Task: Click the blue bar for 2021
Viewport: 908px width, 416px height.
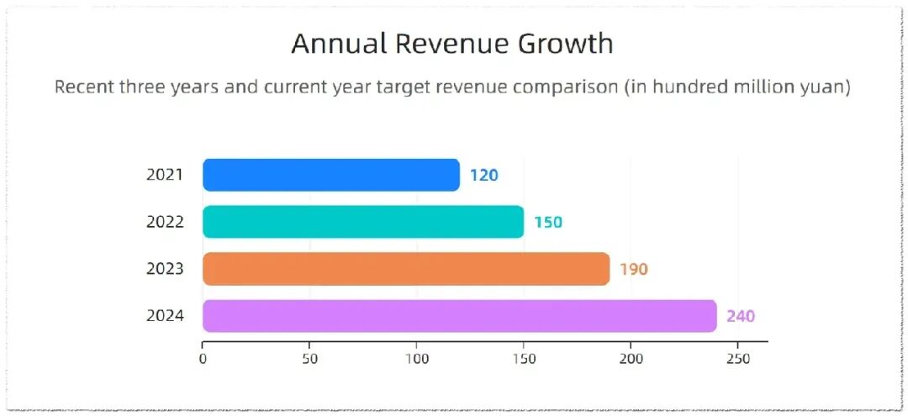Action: point(331,175)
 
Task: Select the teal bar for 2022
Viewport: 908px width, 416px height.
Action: point(363,222)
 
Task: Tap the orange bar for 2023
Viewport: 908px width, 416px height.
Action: point(406,268)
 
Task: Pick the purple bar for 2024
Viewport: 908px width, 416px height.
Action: point(460,316)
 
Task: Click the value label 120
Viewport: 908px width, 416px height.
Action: point(484,176)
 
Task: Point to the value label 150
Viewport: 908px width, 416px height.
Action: point(548,222)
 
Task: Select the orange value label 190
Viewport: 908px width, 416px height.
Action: point(634,269)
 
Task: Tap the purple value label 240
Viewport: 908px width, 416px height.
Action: point(742,317)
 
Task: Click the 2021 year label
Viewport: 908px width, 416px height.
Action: point(165,175)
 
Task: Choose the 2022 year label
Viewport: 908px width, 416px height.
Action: point(165,222)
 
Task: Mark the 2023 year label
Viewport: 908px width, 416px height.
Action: point(165,269)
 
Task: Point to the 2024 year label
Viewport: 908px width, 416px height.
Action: point(165,316)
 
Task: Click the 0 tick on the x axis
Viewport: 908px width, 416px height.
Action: point(203,359)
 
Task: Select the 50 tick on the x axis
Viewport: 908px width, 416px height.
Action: point(309,359)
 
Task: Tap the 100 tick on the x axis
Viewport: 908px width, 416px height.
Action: point(417,359)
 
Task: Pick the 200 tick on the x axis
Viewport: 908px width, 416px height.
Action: point(631,359)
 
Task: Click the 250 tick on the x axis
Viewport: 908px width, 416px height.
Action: point(738,359)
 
